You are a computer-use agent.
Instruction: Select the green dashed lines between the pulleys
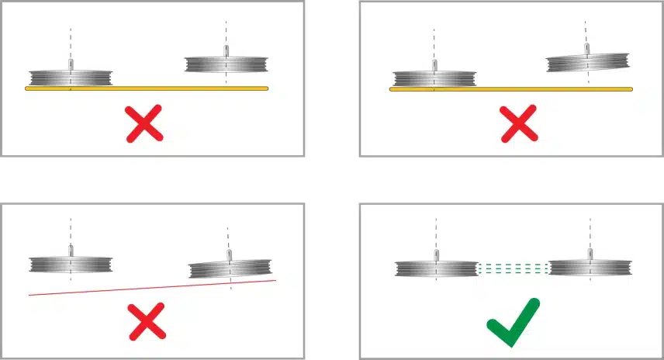(x=514, y=268)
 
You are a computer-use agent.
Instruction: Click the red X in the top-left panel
(x=144, y=124)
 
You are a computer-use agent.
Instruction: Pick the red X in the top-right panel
(x=518, y=124)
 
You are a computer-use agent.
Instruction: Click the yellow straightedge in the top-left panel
(x=147, y=88)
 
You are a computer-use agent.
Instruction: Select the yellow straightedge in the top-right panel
(x=511, y=89)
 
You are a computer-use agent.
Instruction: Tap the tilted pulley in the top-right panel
(x=587, y=64)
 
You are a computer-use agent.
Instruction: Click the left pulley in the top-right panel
(x=434, y=78)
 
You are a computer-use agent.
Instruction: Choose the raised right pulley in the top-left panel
(x=226, y=64)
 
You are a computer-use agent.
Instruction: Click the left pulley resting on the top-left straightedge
(x=70, y=78)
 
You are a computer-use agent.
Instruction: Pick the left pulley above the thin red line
(x=70, y=264)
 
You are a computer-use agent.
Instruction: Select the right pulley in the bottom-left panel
(x=230, y=269)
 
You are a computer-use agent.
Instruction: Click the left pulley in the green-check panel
(x=435, y=268)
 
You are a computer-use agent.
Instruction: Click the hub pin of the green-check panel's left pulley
(x=435, y=254)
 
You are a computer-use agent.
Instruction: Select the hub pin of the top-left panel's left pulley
(x=70, y=64)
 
